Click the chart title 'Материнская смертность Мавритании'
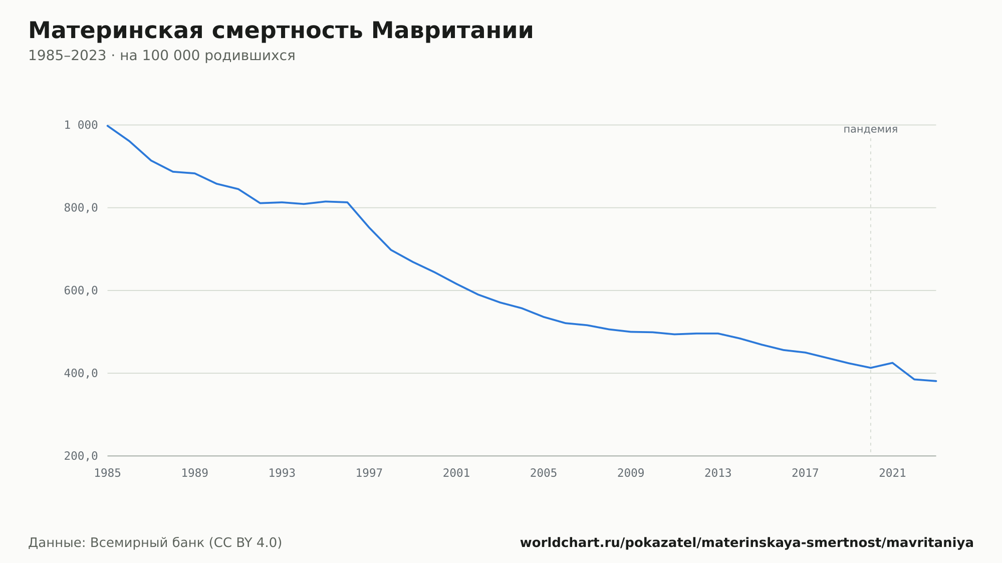pyautogui.click(x=281, y=31)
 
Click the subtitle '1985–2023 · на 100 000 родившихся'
pyautogui.click(x=162, y=56)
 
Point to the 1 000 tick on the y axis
pyautogui.click(x=81, y=125)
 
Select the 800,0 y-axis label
pyautogui.click(x=81, y=208)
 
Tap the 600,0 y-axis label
pyautogui.click(x=81, y=291)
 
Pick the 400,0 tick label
pyautogui.click(x=81, y=373)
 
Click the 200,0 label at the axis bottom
pyautogui.click(x=81, y=456)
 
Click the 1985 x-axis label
pyautogui.click(x=108, y=473)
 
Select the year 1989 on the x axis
pyautogui.click(x=195, y=473)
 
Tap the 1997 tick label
pyautogui.click(x=369, y=473)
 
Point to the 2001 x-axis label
pyautogui.click(x=456, y=473)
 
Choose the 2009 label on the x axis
pyautogui.click(x=631, y=473)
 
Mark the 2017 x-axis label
pyautogui.click(x=805, y=473)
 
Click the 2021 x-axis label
pyautogui.click(x=892, y=473)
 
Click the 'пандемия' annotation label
pyautogui.click(x=871, y=129)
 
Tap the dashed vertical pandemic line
pyautogui.click(x=871, y=296)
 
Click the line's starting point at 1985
pyautogui.click(x=108, y=125)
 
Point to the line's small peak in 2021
pyautogui.click(x=892, y=363)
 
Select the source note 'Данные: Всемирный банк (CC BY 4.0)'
pyautogui.click(x=155, y=543)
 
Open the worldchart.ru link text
pyautogui.click(x=746, y=543)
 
